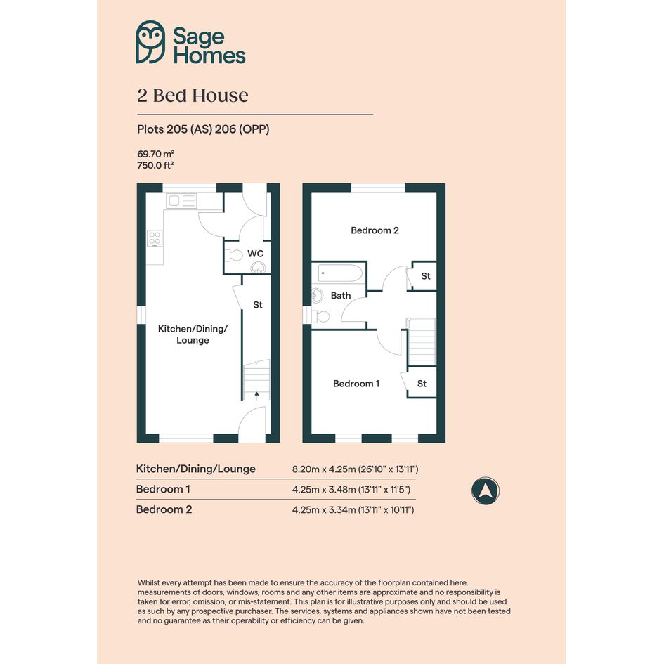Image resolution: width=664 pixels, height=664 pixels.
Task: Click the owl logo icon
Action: click(150, 42)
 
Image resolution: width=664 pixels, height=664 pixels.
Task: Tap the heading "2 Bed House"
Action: click(193, 96)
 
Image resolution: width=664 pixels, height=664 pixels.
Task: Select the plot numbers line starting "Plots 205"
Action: click(203, 129)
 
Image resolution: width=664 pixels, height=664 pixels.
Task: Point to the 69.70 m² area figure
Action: click(156, 154)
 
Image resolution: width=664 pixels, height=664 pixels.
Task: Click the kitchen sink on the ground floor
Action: click(182, 201)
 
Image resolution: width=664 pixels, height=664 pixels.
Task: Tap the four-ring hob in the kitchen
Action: click(155, 238)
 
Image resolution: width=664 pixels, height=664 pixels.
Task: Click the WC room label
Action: click(255, 254)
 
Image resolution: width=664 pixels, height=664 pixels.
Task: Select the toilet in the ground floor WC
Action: click(234, 255)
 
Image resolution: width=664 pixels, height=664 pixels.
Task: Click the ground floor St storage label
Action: click(258, 305)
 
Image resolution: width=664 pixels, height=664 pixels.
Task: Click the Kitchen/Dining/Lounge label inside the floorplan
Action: click(193, 334)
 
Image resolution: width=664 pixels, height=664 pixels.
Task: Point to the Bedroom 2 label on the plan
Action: click(375, 230)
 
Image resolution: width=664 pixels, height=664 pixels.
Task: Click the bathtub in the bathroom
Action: click(339, 273)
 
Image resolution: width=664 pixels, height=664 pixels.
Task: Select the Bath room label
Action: click(341, 296)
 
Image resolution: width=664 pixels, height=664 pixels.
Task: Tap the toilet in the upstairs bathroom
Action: click(320, 316)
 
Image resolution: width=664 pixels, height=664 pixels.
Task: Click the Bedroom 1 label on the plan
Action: click(356, 384)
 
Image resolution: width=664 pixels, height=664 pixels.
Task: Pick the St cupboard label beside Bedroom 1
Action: click(422, 384)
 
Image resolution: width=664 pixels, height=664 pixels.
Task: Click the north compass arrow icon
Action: click(486, 491)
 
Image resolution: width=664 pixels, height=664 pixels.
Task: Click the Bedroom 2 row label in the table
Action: click(164, 509)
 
